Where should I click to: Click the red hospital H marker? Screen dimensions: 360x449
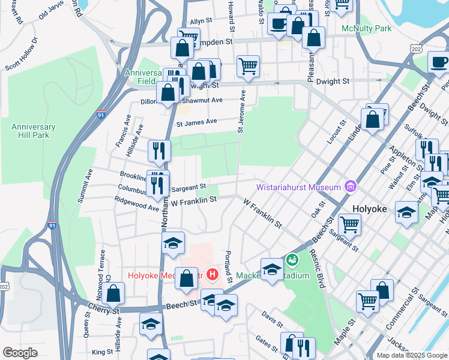tap(211, 275)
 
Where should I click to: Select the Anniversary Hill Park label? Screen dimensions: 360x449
tap(34, 131)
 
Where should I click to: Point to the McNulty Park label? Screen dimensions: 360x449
tap(366, 28)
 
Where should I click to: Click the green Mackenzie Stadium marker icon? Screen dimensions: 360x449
tap(292, 260)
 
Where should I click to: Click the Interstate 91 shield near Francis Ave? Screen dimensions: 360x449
tap(100, 114)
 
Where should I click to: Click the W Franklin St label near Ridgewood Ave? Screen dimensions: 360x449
tap(193, 203)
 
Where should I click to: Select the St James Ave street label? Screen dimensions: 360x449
tap(196, 122)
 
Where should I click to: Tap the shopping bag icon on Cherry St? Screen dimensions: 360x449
tap(113, 293)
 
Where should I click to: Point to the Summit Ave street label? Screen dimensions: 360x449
tap(89, 179)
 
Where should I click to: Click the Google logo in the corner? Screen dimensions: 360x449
tap(20, 353)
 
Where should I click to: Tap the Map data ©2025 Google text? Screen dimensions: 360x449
tap(412, 355)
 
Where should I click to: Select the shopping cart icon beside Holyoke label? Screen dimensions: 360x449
tap(349, 225)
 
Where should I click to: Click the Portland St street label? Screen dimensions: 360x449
tap(229, 267)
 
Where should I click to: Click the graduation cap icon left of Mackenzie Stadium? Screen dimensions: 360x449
tap(272, 268)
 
